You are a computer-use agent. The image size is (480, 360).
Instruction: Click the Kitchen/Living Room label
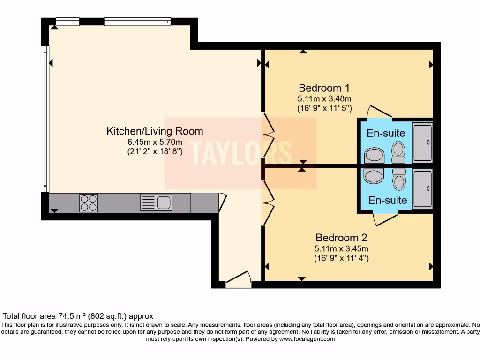point(155,131)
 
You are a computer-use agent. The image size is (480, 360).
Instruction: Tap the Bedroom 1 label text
point(324,88)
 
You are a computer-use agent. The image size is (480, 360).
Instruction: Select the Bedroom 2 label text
point(341,238)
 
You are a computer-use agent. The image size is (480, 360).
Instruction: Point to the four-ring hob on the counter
point(89,203)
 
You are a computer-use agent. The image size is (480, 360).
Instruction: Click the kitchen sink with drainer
point(156,202)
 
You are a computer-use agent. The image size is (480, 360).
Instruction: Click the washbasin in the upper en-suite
point(373,155)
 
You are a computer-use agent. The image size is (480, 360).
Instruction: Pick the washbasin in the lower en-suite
point(373,176)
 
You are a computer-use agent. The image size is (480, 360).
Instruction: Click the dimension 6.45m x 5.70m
point(155,142)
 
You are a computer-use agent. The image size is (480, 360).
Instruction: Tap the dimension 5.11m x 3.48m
point(324,98)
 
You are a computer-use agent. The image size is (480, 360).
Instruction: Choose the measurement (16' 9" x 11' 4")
point(341,258)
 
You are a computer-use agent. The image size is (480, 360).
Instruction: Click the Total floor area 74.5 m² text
point(78,316)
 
